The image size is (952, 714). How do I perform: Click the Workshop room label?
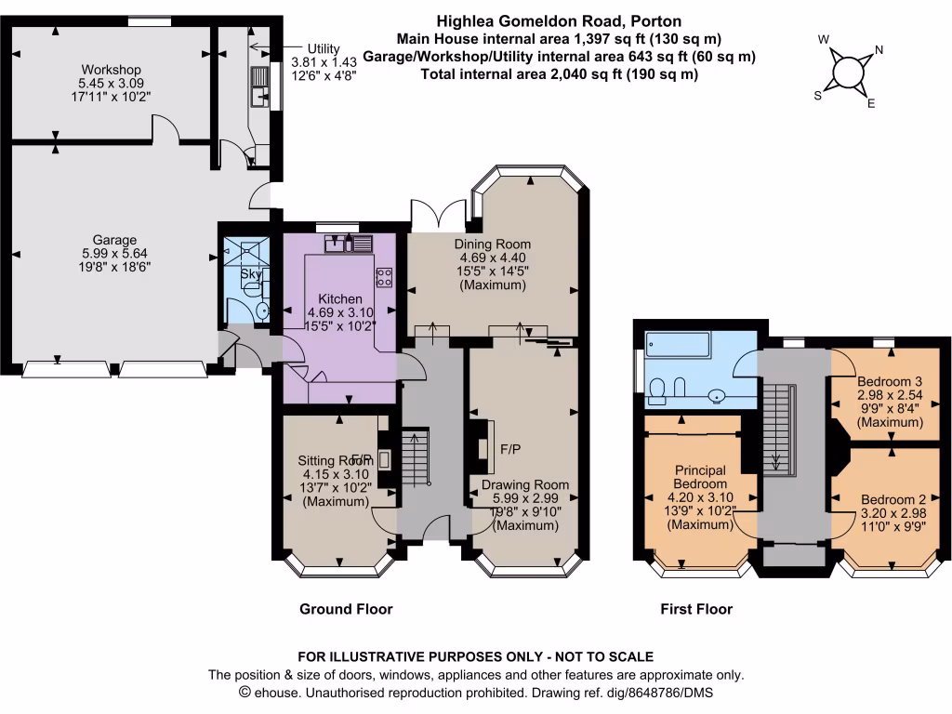pos(111,70)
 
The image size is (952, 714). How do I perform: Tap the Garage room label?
pos(113,239)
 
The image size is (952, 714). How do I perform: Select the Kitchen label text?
pos(341,298)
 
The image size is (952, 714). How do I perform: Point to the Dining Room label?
pos(492,245)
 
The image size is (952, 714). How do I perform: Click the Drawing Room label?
pos(524,484)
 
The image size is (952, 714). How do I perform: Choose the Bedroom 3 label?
pos(890,382)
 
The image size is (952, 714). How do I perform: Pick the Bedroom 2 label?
pos(892,498)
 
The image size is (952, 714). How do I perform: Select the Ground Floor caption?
pos(346,609)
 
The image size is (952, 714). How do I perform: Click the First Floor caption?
pos(696,609)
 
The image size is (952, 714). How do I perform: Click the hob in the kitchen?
pos(383,276)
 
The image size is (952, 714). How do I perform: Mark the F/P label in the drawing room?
pos(509,448)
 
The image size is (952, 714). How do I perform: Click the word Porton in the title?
pos(656,20)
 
